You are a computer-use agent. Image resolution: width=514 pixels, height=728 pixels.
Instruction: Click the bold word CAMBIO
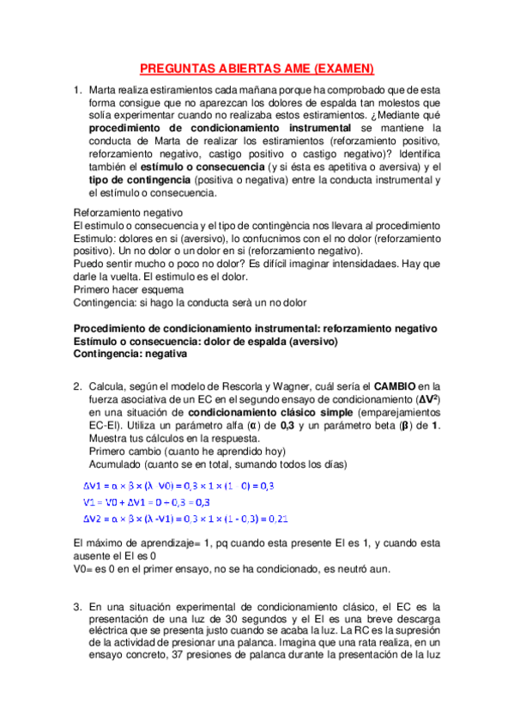click(398, 387)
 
